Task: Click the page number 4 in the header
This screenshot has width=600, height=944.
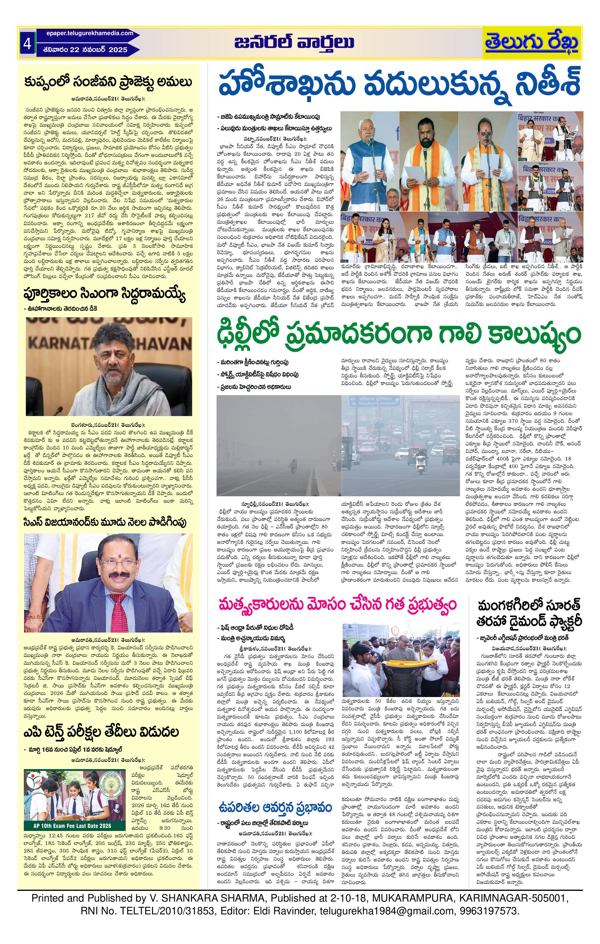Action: [x=27, y=44]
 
